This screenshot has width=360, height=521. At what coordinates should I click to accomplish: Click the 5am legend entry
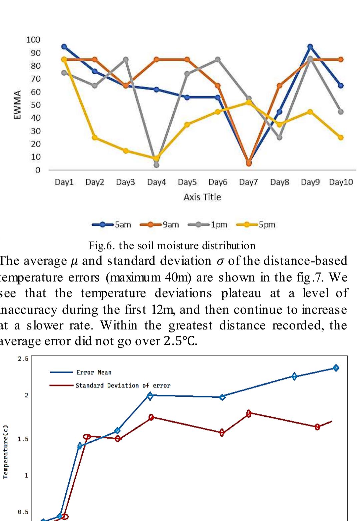point(112,225)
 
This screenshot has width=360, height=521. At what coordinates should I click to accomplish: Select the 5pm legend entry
point(256,225)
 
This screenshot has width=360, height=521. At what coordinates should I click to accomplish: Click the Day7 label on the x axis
point(248,182)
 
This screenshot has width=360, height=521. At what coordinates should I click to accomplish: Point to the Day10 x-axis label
point(341,182)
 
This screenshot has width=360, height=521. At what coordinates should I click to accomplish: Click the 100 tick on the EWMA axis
point(33,40)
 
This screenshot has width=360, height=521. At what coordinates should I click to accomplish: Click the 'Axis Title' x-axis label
point(202,197)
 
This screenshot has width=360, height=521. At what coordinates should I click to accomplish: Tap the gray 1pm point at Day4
point(156,165)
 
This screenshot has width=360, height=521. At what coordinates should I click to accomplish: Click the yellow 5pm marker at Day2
point(95,138)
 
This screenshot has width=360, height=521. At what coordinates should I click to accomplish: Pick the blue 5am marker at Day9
point(310,47)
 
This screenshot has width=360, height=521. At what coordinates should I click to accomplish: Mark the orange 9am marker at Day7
point(249,163)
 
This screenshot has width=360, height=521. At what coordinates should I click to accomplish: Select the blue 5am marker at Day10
point(341,86)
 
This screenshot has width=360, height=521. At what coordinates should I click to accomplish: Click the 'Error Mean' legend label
point(94,372)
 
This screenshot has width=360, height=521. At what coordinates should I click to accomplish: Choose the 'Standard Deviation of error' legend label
point(123,385)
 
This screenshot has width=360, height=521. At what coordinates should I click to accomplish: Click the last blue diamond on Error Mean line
point(336,368)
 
